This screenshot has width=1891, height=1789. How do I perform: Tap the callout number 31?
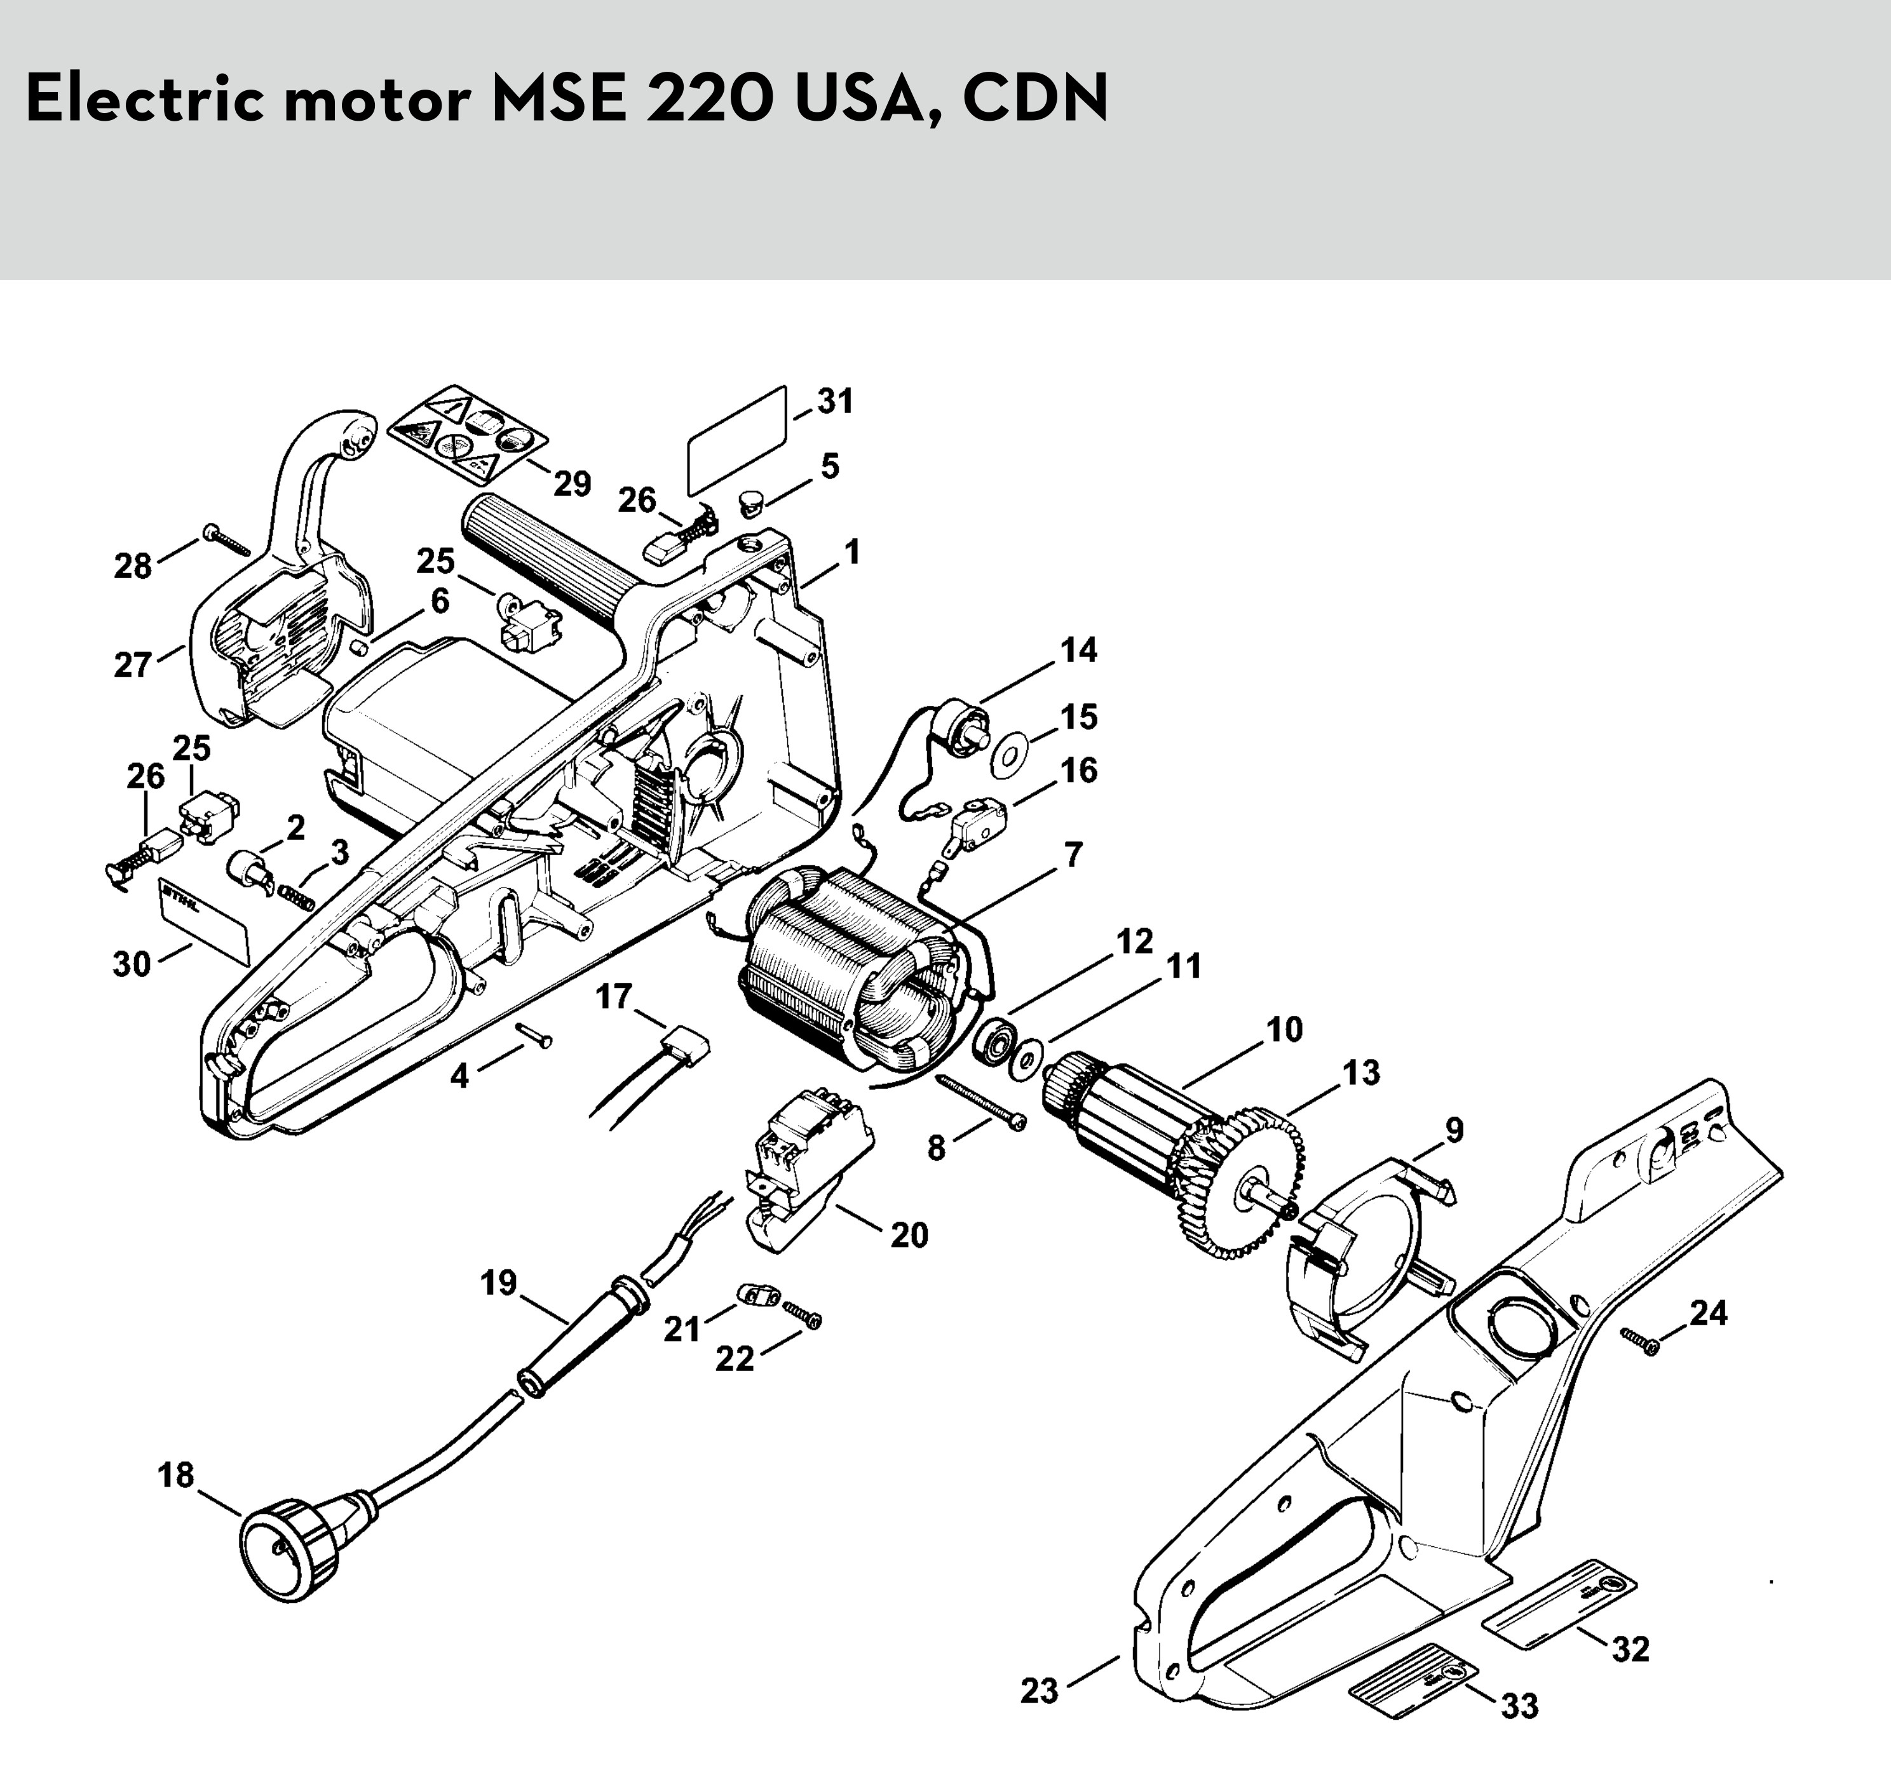click(836, 402)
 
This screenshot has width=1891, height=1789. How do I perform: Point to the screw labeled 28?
click(225, 540)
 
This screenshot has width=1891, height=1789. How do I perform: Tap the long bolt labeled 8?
click(982, 1102)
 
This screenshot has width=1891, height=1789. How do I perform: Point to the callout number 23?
click(1040, 1692)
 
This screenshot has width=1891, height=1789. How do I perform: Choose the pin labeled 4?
click(533, 1035)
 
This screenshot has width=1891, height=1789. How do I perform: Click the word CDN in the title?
click(1036, 98)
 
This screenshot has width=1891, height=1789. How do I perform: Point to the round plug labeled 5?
click(752, 502)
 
